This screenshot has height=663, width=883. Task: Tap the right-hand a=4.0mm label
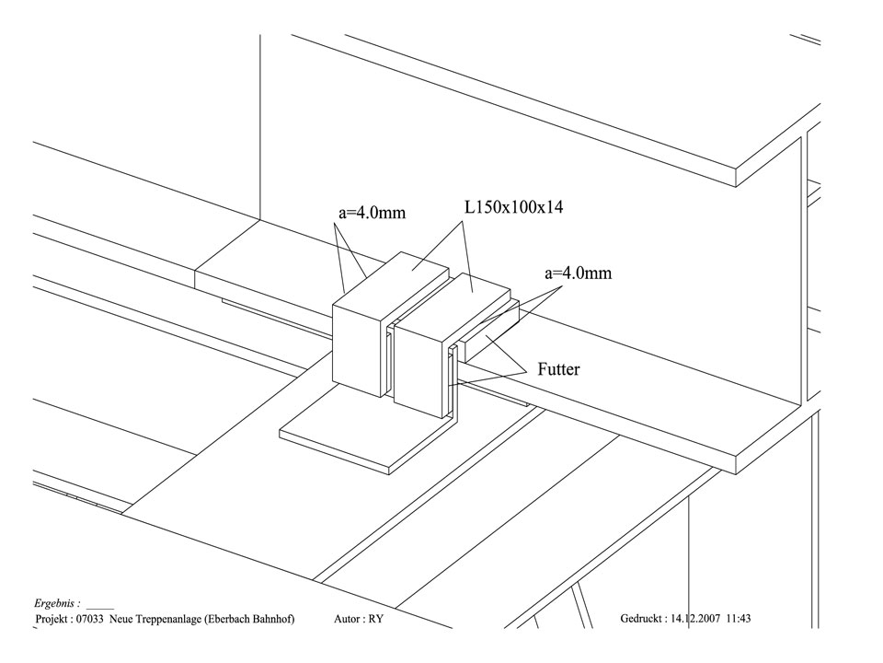(579, 273)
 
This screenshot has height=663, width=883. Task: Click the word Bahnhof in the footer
(269, 619)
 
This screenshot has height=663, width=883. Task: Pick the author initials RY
(375, 619)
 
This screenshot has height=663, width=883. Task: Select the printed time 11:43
(739, 619)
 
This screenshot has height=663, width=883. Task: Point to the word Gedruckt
(642, 619)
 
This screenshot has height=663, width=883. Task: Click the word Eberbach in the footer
(229, 619)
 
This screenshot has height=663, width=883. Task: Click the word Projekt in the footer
(52, 619)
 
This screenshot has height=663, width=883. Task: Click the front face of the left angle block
(355, 345)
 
